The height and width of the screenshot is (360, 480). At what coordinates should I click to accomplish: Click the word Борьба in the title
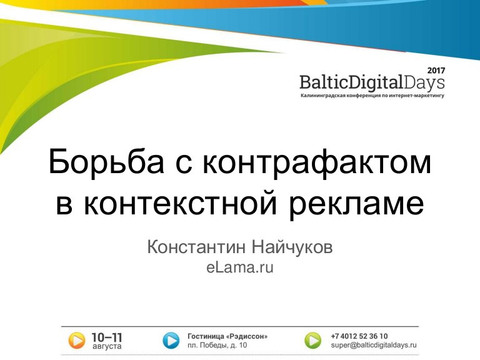click(106, 162)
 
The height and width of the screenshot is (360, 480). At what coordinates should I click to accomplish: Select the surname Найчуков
click(292, 247)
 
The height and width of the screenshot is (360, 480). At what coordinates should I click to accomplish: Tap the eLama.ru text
click(240, 267)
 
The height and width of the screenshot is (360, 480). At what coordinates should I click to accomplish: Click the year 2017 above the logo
click(436, 71)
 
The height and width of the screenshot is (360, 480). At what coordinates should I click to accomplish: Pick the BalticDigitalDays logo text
click(372, 82)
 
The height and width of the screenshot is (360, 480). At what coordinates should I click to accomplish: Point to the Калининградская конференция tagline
click(372, 96)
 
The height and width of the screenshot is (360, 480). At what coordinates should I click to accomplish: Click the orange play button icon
click(76, 341)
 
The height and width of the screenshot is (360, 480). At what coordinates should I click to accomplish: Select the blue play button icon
click(171, 341)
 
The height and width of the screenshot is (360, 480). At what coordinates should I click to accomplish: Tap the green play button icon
click(313, 341)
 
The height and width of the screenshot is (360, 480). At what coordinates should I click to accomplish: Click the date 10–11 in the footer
click(107, 337)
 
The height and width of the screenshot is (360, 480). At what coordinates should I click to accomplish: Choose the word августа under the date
click(107, 346)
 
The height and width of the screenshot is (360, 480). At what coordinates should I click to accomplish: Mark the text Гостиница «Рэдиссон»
click(227, 336)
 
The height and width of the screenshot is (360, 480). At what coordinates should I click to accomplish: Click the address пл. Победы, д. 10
click(217, 345)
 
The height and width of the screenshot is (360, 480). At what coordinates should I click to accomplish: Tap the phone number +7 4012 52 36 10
click(359, 336)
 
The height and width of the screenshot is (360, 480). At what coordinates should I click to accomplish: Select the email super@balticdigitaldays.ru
click(374, 345)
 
